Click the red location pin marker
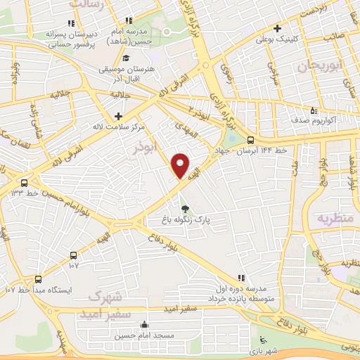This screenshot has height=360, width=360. click(x=181, y=166)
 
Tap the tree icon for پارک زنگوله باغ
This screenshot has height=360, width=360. click(x=185, y=209)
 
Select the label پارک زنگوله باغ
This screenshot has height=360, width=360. click(x=185, y=220)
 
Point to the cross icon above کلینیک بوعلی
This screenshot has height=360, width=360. click(x=279, y=29)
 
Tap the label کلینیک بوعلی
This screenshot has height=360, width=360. click(x=272, y=39)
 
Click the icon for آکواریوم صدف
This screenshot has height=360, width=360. click(x=314, y=110)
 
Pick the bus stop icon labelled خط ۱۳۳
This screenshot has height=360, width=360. click(x=25, y=184)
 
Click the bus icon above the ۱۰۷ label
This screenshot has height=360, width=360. click(x=74, y=255)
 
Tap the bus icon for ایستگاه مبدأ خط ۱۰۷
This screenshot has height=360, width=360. click(x=37, y=279)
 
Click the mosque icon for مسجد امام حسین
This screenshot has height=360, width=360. click(x=143, y=325)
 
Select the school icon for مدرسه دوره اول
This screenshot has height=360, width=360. click(x=241, y=278)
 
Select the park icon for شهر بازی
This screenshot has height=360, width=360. click(x=263, y=340)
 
